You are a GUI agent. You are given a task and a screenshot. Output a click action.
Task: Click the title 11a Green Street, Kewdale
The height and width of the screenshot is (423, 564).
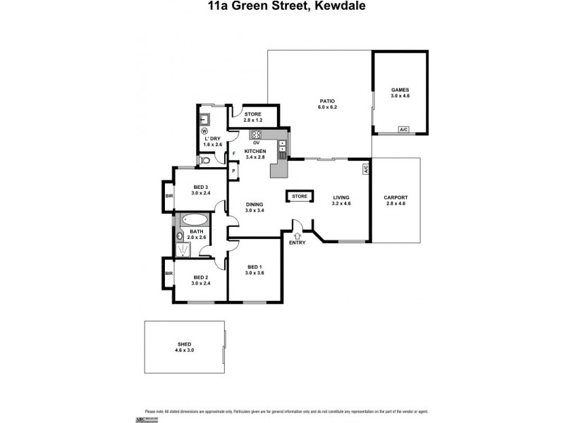click(281, 6)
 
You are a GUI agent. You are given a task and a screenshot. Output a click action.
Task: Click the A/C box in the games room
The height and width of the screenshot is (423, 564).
click(403, 130)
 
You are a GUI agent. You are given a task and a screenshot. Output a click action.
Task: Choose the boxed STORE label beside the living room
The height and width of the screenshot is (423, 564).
click(300, 196)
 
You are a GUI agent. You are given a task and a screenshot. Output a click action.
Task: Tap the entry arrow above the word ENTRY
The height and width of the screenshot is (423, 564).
click(297, 235)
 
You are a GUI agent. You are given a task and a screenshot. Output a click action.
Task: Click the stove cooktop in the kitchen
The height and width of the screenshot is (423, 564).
click(256, 135)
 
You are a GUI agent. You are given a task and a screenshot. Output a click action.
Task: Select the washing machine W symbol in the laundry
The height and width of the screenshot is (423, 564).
click(204, 130)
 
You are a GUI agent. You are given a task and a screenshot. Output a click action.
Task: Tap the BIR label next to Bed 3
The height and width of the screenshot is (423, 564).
click(168, 195)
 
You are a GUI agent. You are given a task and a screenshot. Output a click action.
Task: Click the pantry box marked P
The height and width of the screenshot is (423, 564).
click(233, 171)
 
